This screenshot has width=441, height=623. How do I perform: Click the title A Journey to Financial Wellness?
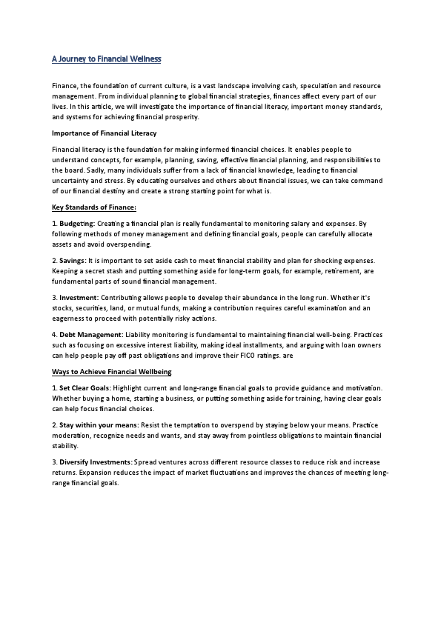click(x=106, y=58)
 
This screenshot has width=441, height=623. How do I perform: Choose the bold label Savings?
click(x=72, y=261)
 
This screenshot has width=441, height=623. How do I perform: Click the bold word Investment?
click(x=77, y=298)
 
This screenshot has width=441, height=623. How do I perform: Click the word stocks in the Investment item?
click(x=62, y=307)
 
